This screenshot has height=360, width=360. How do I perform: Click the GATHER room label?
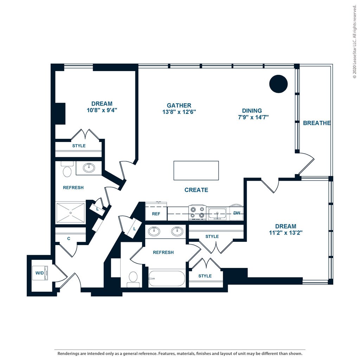pos(179,105)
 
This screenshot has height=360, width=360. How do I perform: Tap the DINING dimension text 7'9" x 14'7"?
pos(253,117)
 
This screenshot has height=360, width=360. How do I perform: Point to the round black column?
pos(278,84)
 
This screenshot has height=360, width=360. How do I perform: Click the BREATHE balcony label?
pos(317,123)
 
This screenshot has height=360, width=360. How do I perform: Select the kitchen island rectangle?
pos(196,171)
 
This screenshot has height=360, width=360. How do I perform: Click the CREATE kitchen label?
pos(196,190)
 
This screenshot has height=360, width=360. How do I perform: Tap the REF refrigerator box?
pos(156,211)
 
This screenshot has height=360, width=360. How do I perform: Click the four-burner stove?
pos(198,213)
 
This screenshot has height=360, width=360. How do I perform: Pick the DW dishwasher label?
pos(237,213)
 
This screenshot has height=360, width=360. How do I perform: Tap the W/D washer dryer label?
pos(39,273)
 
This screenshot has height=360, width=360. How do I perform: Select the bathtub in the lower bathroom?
pos(167,278)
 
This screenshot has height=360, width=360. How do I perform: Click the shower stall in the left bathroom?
pos(70,212)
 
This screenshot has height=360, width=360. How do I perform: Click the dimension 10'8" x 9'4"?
pos(102,110)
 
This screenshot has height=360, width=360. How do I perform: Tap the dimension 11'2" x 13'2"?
pos(285,233)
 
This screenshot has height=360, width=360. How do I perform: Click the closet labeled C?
pos(69,239)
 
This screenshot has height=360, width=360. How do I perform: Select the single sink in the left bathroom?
pos(89,168)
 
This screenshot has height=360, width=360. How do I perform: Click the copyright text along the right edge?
pos(355,41)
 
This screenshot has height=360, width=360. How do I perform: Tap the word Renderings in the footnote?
pos(68,354)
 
